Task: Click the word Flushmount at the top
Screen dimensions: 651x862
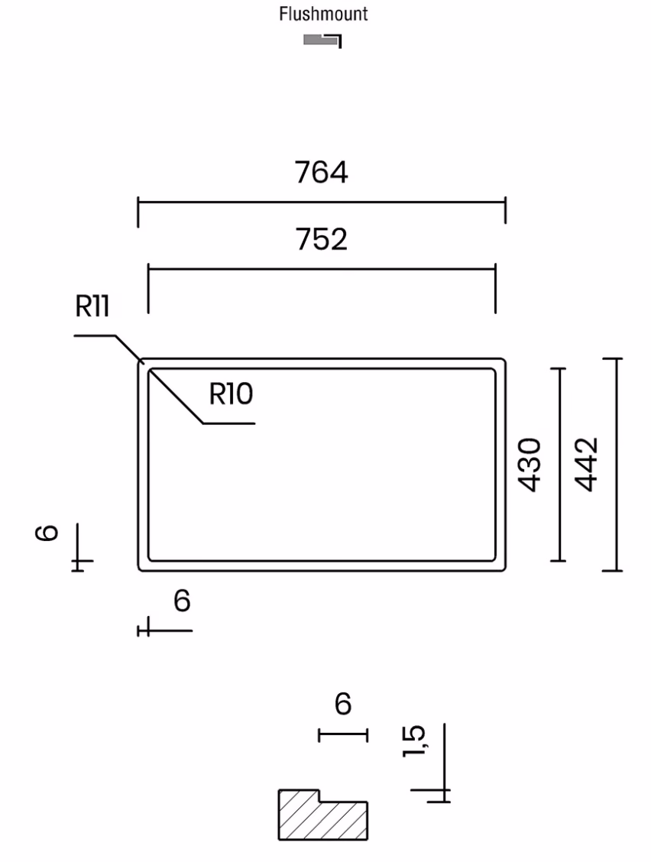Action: [x=323, y=14]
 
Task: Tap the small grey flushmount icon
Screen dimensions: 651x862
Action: [x=322, y=41]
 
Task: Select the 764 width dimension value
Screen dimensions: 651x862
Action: [x=321, y=172]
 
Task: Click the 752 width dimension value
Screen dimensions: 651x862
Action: [x=322, y=239]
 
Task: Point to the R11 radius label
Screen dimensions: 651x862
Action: [x=92, y=306]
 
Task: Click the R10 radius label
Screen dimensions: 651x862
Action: [x=231, y=394]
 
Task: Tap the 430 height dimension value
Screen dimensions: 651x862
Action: [x=530, y=465]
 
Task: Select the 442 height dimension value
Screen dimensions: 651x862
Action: [x=586, y=465]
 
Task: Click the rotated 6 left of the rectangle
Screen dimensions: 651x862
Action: [x=47, y=533]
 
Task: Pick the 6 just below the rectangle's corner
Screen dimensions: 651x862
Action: [x=182, y=601]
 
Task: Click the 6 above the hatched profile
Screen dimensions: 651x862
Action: [x=343, y=704]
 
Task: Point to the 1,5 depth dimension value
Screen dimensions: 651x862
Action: [x=414, y=740]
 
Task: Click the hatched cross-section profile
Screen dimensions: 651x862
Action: [x=322, y=815]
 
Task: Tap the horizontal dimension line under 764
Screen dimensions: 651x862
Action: [x=322, y=203]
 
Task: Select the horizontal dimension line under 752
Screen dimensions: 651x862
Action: [x=322, y=269]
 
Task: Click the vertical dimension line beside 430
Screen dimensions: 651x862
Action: [x=559, y=465]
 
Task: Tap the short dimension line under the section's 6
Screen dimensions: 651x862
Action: [x=343, y=734]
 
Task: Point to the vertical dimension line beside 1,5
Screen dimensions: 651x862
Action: [x=444, y=763]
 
